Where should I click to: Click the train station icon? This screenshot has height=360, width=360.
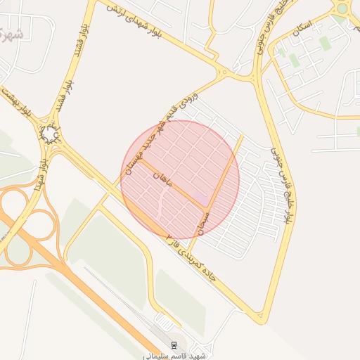174,344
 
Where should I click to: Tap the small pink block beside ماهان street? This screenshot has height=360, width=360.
201,198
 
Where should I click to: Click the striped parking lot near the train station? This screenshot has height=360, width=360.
165,322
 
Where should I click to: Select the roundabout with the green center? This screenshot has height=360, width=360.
342,8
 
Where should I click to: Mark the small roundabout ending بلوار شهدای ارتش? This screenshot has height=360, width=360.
224,72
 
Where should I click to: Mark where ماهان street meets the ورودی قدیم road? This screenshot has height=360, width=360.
141,161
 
